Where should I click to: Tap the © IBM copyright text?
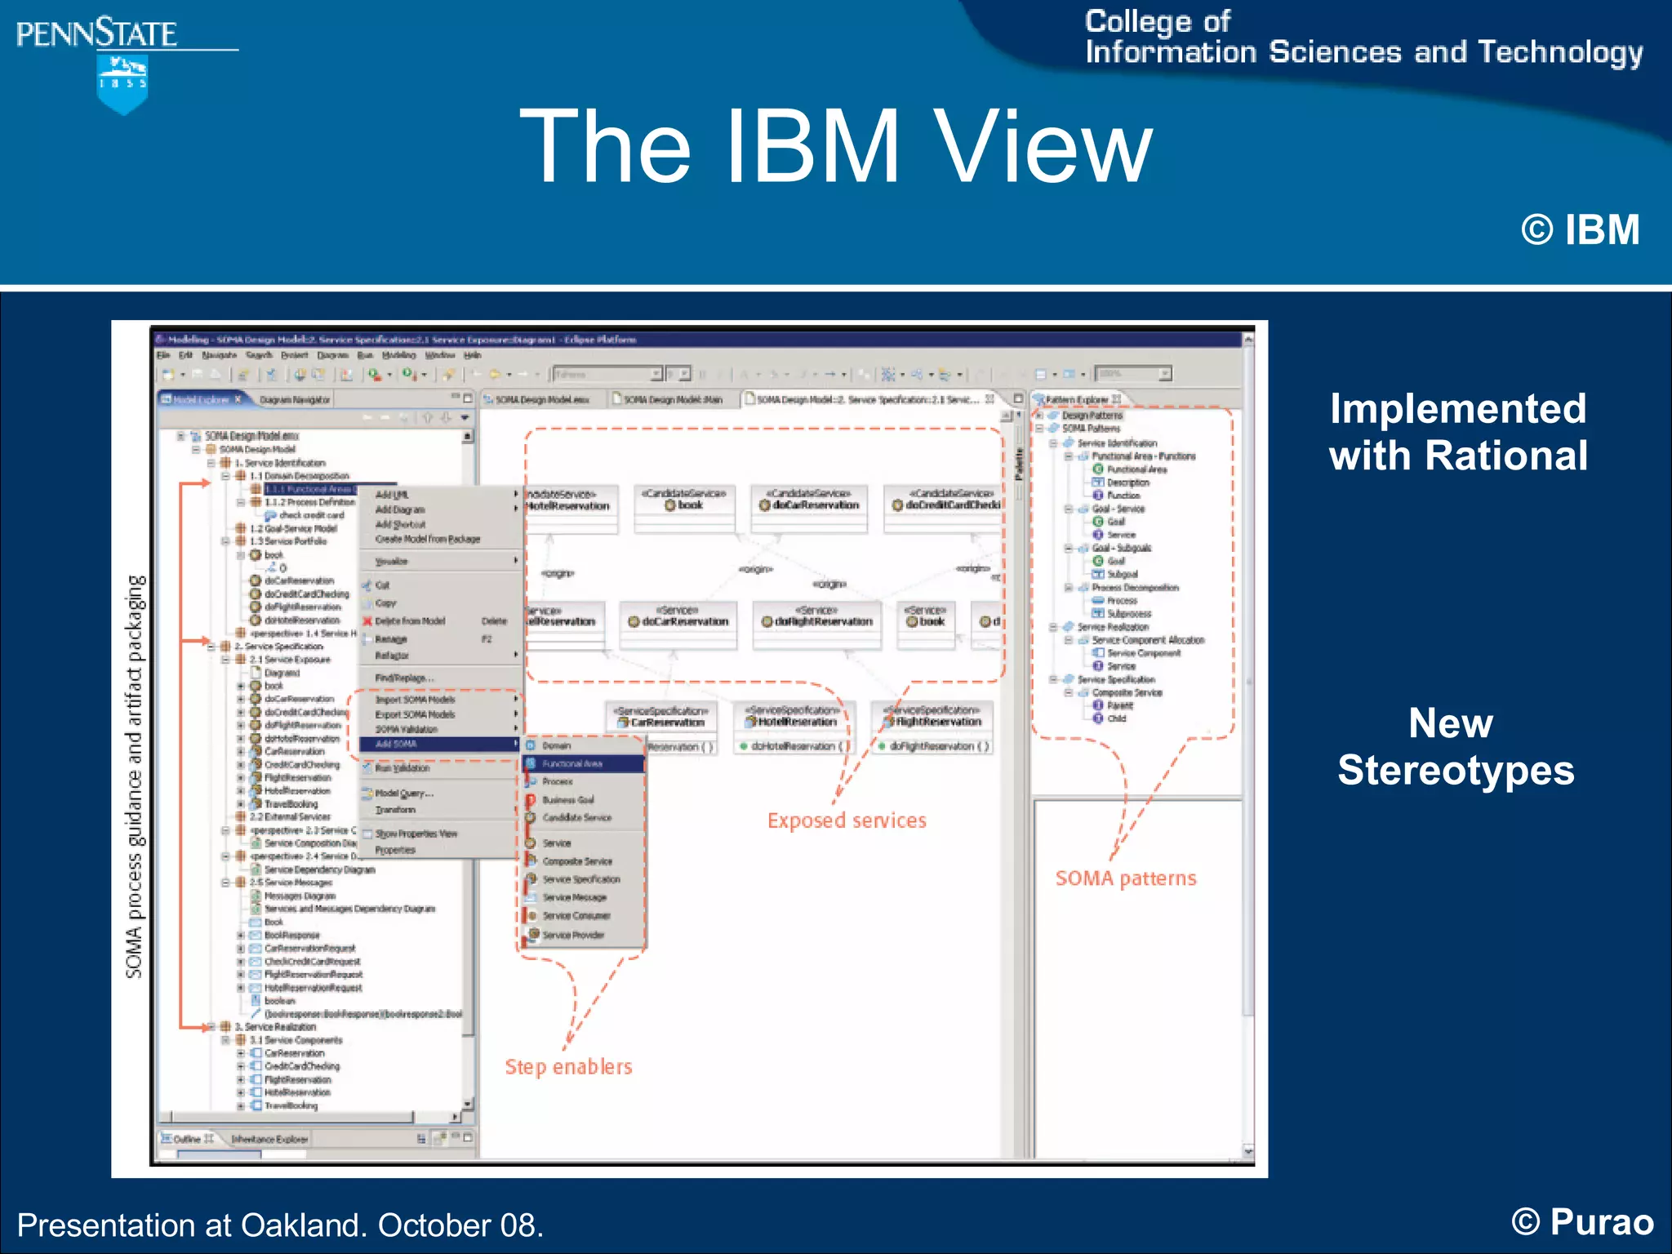coord(1580,230)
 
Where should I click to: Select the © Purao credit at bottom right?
coord(1581,1222)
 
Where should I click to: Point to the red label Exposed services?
coord(847,820)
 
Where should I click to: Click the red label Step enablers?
coord(568,1067)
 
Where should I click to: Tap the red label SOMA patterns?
coord(1125,878)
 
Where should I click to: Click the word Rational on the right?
coord(1506,456)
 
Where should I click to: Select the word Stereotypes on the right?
coord(1456,771)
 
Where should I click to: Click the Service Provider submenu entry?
coord(573,935)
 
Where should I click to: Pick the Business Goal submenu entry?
coord(568,800)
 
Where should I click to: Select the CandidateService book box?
coord(684,505)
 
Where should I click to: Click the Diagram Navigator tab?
coord(294,399)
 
